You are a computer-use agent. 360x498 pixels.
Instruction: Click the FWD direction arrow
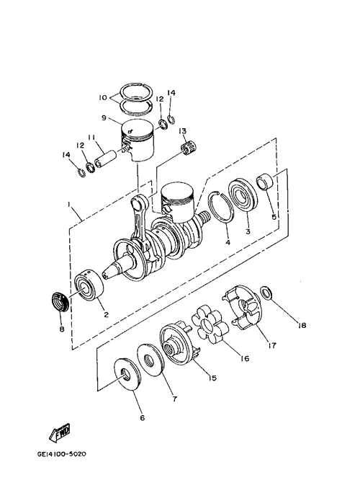tap(59, 433)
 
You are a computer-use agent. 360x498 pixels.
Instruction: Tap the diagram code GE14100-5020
tap(61, 454)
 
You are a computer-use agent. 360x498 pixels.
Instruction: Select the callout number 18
tap(302, 325)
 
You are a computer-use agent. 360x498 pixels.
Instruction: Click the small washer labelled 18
tap(266, 293)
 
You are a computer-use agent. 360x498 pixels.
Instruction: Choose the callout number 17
tap(272, 345)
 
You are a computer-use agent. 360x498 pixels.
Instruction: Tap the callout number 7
tap(174, 399)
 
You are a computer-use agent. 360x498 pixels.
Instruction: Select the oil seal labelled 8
tap(60, 300)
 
